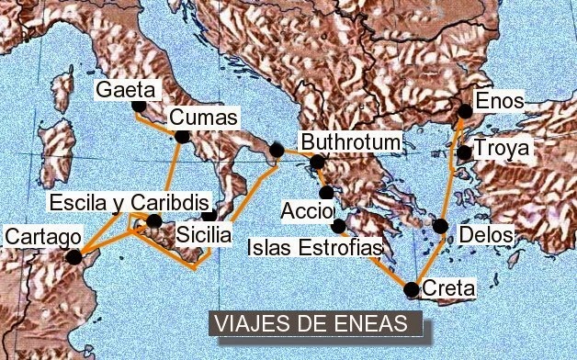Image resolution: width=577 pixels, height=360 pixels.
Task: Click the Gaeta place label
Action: [127, 90]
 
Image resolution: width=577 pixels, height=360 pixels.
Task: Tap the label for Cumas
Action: [204, 118]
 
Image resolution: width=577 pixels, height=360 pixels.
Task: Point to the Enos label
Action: [499, 100]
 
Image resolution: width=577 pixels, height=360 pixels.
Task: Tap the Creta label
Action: [449, 289]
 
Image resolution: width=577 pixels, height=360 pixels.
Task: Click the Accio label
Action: [307, 210]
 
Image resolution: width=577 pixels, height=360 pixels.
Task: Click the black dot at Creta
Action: [411, 290]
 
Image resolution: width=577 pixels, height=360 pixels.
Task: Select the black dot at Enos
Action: [465, 111]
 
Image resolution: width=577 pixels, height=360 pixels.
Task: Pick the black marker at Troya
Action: [465, 152]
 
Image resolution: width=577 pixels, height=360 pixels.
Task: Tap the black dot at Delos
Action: [441, 226]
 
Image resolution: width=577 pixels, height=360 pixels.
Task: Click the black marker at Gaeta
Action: [139, 106]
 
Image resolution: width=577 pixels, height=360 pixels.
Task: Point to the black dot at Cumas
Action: [182, 138]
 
